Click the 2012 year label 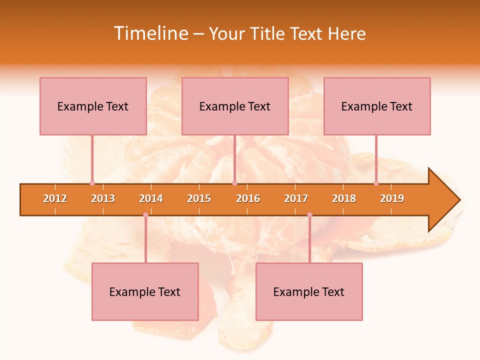pos(55,198)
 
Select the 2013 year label pos(103,198)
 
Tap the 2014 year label pos(151,198)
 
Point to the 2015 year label pos(199,198)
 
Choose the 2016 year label pos(248,198)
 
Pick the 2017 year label pos(296,198)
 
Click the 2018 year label pos(344,198)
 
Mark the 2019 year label pos(392,198)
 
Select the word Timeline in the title pos(150,33)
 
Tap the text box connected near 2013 pos(93,106)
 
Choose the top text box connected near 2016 pos(235,106)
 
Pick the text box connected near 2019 pos(377,106)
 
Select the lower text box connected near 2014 pos(145,291)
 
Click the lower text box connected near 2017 pos(309,291)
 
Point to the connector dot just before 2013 pos(92,183)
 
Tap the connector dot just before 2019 pos(376,183)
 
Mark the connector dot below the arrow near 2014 pos(145,215)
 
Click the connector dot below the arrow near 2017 pos(309,215)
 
